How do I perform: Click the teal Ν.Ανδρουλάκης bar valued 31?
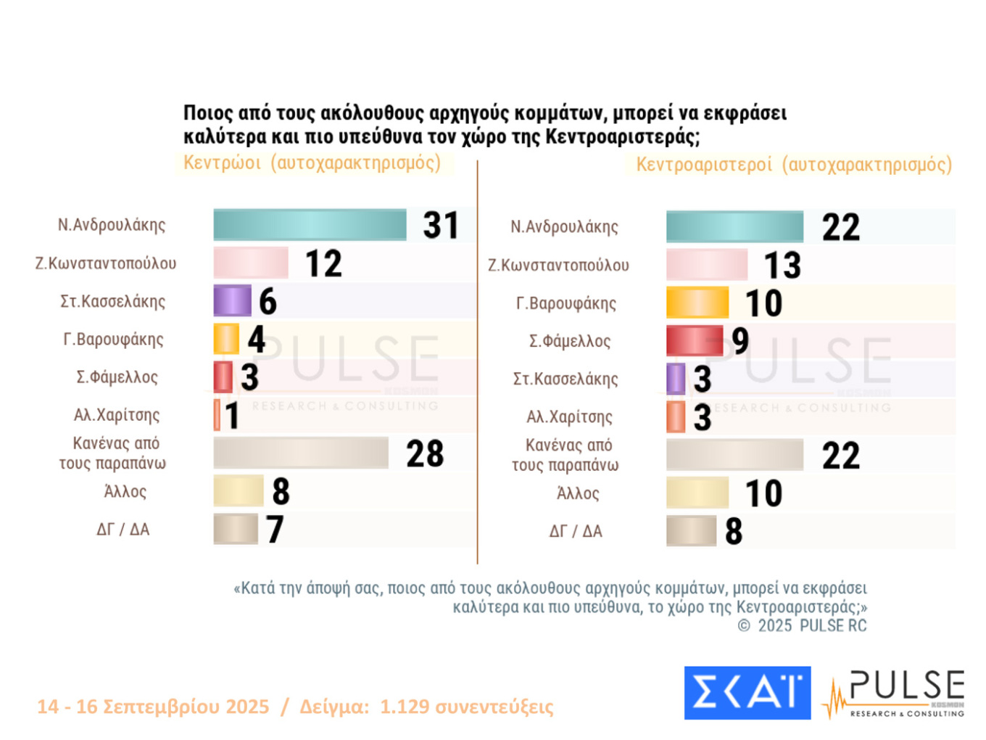(x=310, y=225)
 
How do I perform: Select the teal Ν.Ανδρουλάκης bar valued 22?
(x=734, y=226)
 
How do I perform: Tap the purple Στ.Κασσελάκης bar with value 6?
(x=232, y=300)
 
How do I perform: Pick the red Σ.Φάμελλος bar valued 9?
(x=694, y=341)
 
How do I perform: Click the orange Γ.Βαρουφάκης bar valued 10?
(x=697, y=303)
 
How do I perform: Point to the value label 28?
(x=425, y=453)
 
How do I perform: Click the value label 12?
(x=323, y=263)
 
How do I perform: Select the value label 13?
(x=782, y=265)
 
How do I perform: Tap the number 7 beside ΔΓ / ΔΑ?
(x=274, y=529)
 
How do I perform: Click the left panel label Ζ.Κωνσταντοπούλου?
(x=106, y=263)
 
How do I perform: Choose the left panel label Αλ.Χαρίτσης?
(x=117, y=415)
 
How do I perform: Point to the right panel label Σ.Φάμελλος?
(x=570, y=341)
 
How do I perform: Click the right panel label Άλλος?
(x=578, y=493)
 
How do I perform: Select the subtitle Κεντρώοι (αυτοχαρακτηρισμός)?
(x=312, y=163)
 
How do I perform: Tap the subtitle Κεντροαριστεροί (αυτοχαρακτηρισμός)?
(x=794, y=165)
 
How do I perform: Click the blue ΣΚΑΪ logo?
(x=747, y=693)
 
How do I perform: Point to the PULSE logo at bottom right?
(x=896, y=694)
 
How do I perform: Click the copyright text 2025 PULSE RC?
(x=803, y=625)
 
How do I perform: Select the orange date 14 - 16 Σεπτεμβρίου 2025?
(x=153, y=707)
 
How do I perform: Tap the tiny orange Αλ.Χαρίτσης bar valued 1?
(x=217, y=415)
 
